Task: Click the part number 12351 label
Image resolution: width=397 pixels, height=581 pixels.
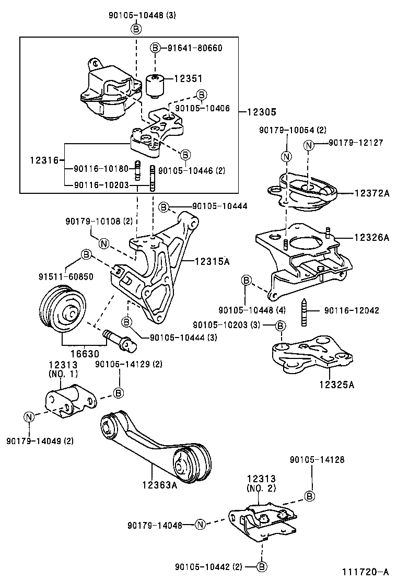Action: tap(188, 78)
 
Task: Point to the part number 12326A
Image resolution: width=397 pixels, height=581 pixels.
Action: tap(371, 238)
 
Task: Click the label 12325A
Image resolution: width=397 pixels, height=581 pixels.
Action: tap(336, 385)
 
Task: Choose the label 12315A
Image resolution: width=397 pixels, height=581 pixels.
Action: tap(213, 260)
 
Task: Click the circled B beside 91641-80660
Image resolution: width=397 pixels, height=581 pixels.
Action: tap(155, 48)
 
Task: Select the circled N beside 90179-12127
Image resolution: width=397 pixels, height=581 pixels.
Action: tap(309, 144)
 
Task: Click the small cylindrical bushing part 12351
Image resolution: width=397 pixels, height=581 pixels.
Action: tap(155, 86)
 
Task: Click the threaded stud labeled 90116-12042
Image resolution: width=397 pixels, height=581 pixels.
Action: tap(304, 312)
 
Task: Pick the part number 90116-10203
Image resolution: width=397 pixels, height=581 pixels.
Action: tap(101, 184)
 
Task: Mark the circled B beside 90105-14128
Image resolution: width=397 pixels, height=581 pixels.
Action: tap(310, 495)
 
